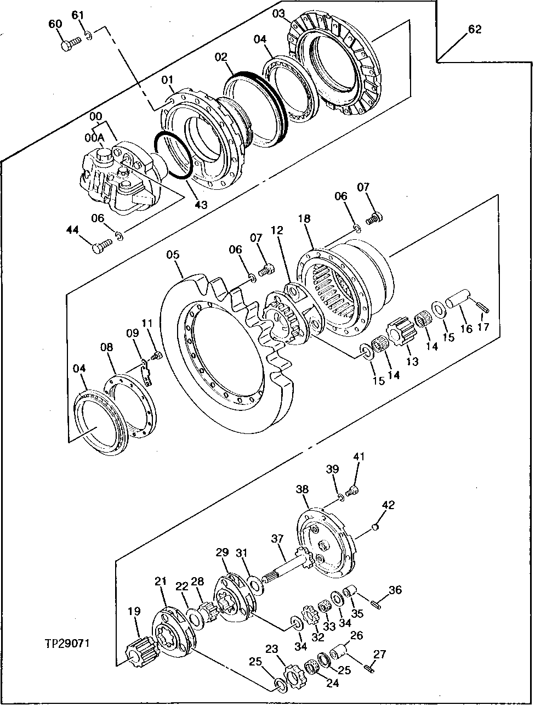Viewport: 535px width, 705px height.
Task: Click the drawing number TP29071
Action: click(x=67, y=642)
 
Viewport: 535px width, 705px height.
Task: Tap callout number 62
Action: click(x=474, y=30)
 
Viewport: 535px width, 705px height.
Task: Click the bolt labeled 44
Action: click(x=99, y=249)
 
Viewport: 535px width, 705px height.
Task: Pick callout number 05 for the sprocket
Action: click(x=173, y=255)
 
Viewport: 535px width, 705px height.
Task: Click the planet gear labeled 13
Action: click(x=399, y=334)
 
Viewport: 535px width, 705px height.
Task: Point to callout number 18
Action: click(x=304, y=218)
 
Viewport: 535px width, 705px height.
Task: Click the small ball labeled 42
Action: click(x=375, y=527)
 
